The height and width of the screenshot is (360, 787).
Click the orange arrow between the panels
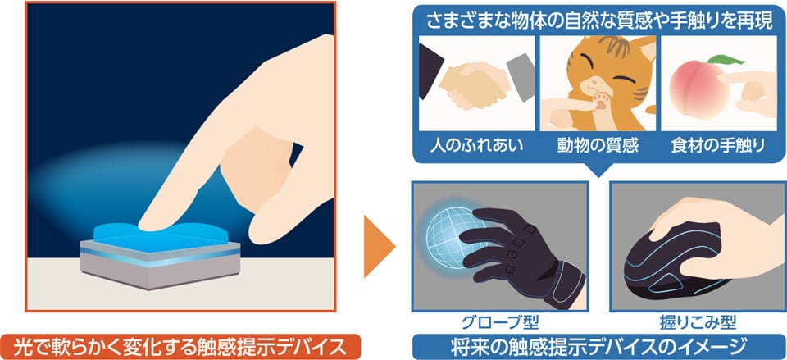[x=377, y=247]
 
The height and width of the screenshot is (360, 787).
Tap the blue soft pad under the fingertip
[x=160, y=235]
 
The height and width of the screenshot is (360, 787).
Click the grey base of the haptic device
[x=160, y=269]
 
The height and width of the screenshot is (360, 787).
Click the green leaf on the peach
[x=726, y=60]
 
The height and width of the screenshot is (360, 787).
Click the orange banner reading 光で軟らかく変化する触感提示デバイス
[x=180, y=347]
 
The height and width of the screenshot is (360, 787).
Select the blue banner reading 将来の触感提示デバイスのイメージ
[x=598, y=347]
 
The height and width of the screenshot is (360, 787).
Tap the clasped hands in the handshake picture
[x=475, y=85]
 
